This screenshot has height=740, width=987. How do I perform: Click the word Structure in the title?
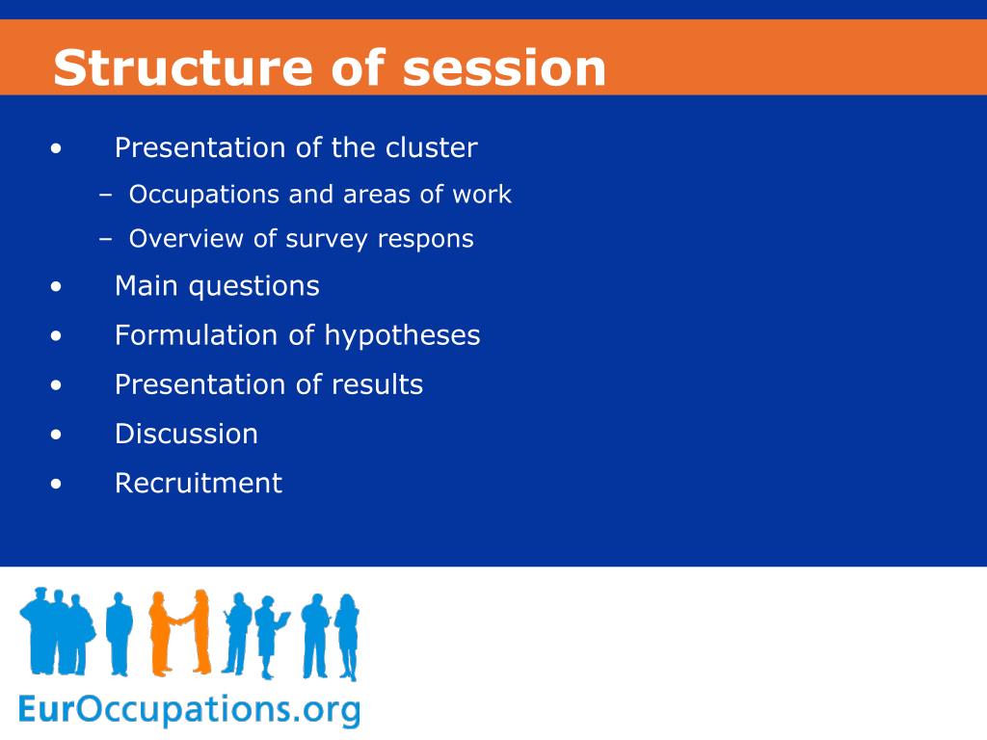[x=182, y=67]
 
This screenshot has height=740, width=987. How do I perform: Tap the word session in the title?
[x=504, y=67]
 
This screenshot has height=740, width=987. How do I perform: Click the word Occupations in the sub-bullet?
[x=204, y=195]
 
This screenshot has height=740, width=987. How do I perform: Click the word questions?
[x=254, y=287]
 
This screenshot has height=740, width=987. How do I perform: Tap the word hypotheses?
[x=402, y=335]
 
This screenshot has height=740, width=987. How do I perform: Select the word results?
[x=378, y=384]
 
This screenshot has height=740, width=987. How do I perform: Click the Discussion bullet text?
[x=186, y=435]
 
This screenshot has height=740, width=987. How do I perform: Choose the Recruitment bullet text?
[x=199, y=484]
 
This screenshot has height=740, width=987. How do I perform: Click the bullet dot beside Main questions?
[x=57, y=287]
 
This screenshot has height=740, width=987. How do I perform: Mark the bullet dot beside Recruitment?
[x=57, y=484]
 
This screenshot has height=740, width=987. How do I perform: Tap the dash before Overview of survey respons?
[x=106, y=240]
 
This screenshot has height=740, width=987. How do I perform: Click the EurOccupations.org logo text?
[x=190, y=710]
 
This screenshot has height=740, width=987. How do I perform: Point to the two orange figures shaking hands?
[x=180, y=632]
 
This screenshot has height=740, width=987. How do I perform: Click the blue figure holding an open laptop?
[x=271, y=636]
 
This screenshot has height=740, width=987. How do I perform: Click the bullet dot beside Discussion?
[x=57, y=435]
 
